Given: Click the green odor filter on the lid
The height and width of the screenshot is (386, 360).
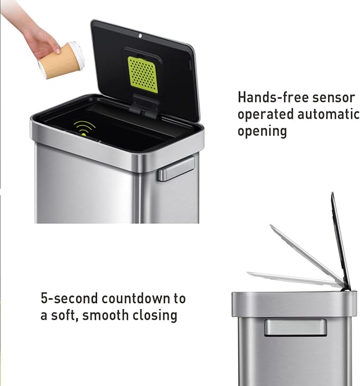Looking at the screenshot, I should (x=143, y=74).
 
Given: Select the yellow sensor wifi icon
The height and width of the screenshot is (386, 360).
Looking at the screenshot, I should (x=84, y=128).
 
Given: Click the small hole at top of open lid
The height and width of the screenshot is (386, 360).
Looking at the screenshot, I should (x=140, y=37).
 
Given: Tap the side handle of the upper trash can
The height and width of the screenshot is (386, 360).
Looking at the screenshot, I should (x=176, y=169).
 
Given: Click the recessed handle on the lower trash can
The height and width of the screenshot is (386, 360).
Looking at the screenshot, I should (x=295, y=327).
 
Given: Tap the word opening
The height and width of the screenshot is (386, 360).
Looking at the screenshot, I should (x=262, y=131).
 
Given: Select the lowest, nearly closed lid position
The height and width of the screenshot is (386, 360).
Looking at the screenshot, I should (x=292, y=278).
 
